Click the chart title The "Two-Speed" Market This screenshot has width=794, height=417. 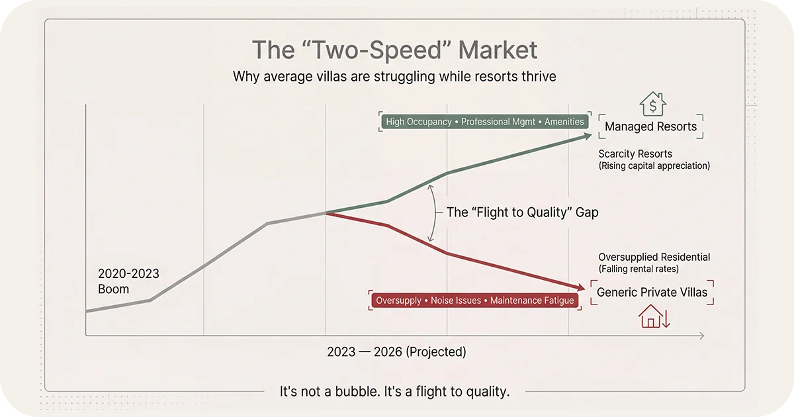point(394,50)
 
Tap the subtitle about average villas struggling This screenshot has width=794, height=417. point(394,77)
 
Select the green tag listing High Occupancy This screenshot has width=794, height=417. point(485,122)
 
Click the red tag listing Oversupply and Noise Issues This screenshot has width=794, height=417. point(474,301)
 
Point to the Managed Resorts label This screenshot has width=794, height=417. point(650,126)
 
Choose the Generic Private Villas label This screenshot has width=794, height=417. point(652,292)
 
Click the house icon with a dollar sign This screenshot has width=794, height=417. point(652,105)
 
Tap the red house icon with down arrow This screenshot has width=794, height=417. point(654,316)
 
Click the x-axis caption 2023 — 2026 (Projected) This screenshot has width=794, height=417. point(396,352)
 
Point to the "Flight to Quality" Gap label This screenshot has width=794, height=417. point(522,212)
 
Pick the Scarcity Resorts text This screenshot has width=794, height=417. point(635,154)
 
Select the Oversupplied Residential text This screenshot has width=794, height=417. point(654,257)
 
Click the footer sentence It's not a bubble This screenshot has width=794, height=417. point(395,392)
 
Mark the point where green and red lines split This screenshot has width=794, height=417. point(326,212)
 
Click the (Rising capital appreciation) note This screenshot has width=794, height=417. point(654,166)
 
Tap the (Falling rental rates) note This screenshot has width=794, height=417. point(639,269)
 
